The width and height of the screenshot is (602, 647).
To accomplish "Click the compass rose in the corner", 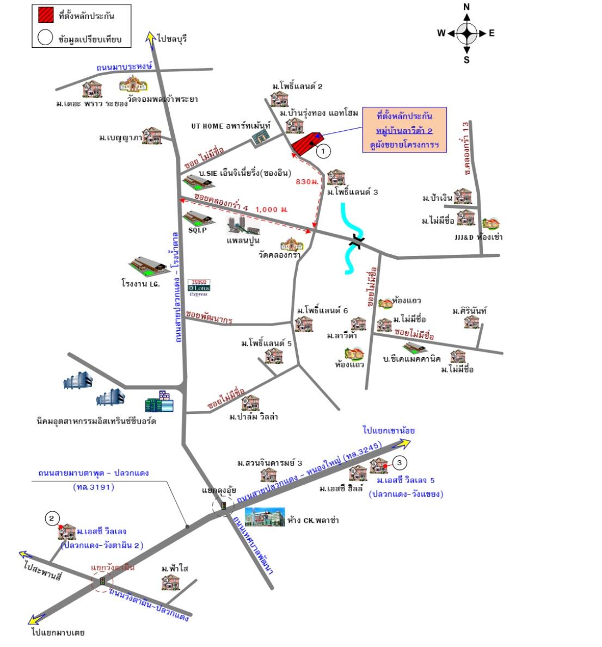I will point(466,33).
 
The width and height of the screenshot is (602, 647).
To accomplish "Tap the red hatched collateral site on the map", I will point(305,143).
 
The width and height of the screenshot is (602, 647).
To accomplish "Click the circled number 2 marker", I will point(52,518).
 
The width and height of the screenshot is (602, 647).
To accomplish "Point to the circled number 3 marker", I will point(400,463).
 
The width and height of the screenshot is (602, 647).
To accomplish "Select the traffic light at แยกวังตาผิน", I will point(102,582).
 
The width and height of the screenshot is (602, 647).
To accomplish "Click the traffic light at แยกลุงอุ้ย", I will point(223,506).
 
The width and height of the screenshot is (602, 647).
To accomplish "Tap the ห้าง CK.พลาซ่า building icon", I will point(265,516).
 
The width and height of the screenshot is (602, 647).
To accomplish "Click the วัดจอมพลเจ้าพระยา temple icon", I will point(130,85).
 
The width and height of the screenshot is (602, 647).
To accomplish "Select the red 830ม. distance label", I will point(306,181).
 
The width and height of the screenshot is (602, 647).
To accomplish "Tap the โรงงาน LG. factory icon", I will point(148,265).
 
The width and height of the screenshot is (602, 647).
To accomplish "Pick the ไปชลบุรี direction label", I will point(171,39).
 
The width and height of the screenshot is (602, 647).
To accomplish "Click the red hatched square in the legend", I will point(45,16).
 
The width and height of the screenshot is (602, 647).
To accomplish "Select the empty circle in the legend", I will point(45,39).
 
